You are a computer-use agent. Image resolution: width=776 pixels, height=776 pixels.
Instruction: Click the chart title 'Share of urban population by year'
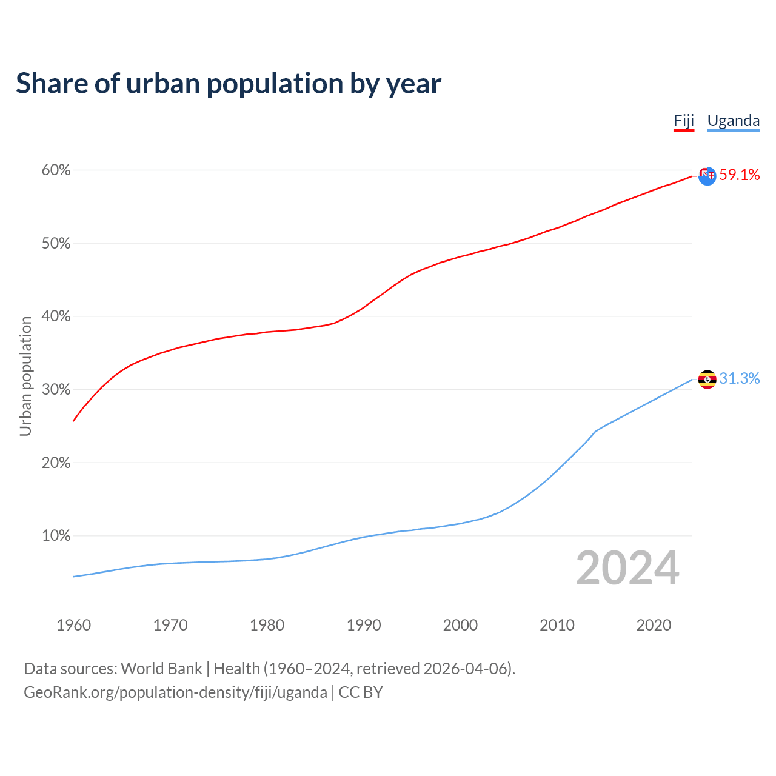229,84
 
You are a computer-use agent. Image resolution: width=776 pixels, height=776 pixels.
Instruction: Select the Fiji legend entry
684,121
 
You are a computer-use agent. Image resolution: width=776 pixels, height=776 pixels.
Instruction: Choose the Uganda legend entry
734,121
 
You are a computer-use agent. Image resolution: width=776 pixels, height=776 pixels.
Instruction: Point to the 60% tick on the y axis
56,170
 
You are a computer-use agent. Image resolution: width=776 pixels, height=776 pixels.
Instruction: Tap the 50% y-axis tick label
56,244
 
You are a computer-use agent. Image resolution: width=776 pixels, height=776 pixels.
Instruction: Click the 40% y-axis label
56,316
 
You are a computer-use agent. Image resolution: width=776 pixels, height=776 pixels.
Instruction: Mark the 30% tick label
56,390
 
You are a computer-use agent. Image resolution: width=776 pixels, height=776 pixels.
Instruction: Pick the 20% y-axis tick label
56,463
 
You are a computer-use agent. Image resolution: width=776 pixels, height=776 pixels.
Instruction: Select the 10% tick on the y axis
56,536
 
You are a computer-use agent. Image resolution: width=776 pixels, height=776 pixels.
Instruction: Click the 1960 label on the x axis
73,625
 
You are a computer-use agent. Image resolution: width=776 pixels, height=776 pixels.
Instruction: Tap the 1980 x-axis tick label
267,625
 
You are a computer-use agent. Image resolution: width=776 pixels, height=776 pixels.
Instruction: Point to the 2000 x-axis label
460,625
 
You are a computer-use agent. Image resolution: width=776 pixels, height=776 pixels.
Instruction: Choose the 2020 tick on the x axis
654,625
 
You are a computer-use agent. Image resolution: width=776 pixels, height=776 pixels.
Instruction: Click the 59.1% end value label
739,175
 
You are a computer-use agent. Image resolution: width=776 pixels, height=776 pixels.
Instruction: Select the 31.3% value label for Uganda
739,379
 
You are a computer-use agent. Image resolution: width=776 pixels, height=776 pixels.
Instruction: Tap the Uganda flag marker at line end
707,380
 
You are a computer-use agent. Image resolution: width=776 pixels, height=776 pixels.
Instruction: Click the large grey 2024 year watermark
627,569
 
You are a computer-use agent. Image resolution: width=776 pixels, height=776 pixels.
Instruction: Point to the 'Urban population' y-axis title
25,376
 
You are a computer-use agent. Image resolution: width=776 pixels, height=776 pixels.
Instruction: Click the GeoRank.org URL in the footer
175,692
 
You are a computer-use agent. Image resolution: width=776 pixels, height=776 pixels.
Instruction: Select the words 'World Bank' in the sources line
161,669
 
